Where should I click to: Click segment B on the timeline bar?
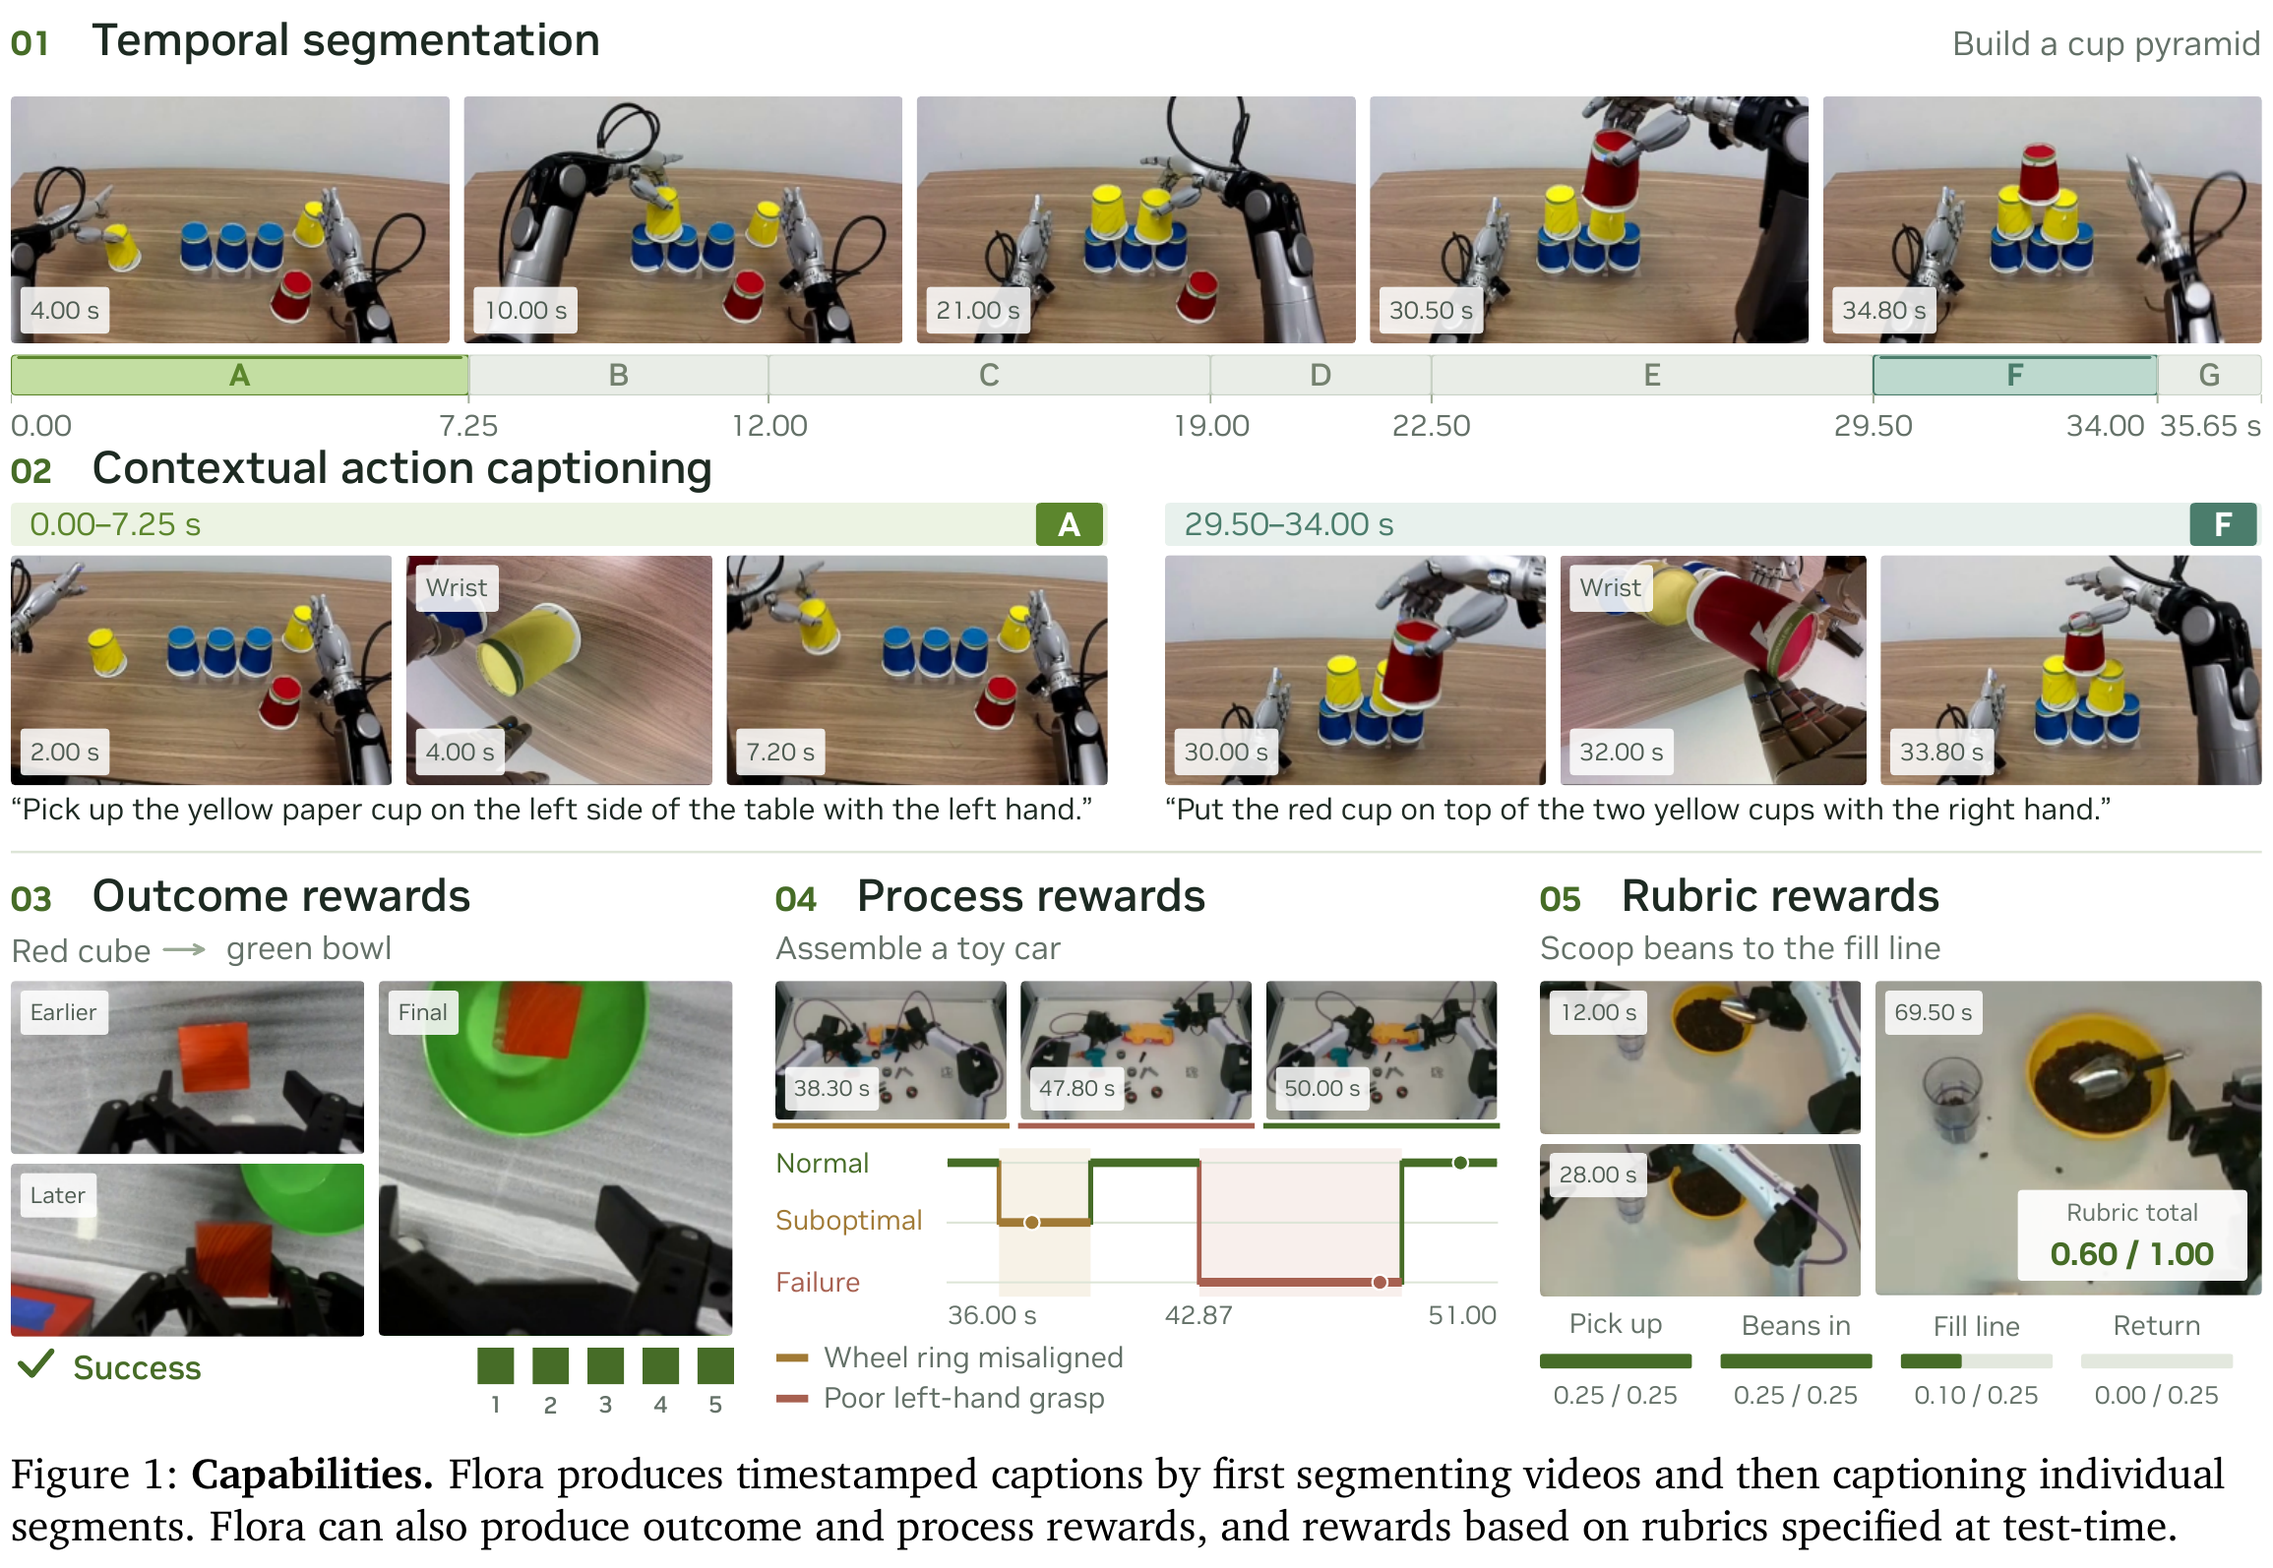pyautogui.click(x=618, y=375)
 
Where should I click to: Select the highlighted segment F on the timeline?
pyautogui.click(x=2014, y=375)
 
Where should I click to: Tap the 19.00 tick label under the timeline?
pyautogui.click(x=1210, y=426)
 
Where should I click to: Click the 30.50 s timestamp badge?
pyautogui.click(x=1430, y=310)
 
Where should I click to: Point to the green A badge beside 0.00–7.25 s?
pyautogui.click(x=1070, y=524)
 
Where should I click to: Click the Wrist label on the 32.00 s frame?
pyautogui.click(x=1610, y=587)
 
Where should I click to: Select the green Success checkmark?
pyautogui.click(x=35, y=1363)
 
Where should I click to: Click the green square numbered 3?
pyautogui.click(x=605, y=1365)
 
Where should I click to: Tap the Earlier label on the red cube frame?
pyautogui.click(x=63, y=1012)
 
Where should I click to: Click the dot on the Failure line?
pyautogui.click(x=1380, y=1282)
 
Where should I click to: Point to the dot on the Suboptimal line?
pyautogui.click(x=1031, y=1222)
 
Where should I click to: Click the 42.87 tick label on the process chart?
pyautogui.click(x=1198, y=1315)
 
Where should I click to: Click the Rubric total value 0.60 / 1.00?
pyautogui.click(x=2131, y=1253)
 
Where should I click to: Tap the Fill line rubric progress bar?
pyautogui.click(x=1976, y=1361)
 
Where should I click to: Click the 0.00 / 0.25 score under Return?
pyautogui.click(x=2156, y=1395)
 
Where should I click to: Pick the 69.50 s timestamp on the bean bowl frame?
pyautogui.click(x=1933, y=1012)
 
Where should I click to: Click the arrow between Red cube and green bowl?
pyautogui.click(x=184, y=949)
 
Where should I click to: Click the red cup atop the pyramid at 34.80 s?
pyautogui.click(x=2038, y=173)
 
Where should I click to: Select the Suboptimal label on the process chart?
pyautogui.click(x=848, y=1221)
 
